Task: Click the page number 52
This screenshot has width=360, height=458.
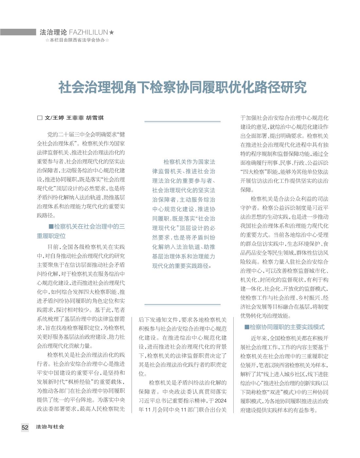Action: [25, 427]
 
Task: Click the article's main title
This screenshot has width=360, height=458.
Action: [182, 87]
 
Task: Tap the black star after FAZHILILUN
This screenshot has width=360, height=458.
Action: [112, 32]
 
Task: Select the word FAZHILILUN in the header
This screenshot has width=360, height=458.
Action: [88, 32]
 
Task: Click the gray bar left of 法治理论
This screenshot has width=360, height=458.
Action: [18, 32]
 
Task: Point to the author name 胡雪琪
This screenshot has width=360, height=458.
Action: [95, 118]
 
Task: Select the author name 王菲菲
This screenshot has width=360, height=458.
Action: [75, 118]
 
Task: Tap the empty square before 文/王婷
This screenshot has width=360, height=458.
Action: [40, 118]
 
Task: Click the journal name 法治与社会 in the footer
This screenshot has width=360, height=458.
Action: [50, 427]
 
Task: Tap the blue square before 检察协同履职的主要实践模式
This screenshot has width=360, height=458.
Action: [247, 327]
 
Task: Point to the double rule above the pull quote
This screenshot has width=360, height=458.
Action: [182, 122]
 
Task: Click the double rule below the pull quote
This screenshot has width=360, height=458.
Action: [182, 305]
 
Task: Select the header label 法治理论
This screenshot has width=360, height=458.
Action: [53, 32]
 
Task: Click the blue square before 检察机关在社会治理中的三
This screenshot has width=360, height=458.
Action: [51, 226]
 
